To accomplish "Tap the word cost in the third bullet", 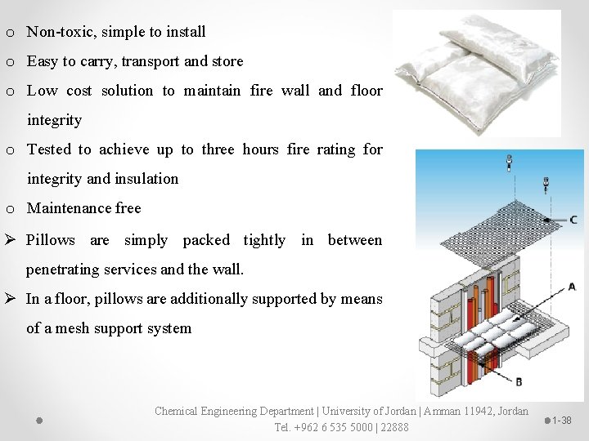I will tap(125, 91).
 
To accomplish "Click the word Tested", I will tap(51, 149).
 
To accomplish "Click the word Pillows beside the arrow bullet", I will tap(51, 240).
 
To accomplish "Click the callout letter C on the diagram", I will tap(573, 220).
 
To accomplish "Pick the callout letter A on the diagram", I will tap(571, 287).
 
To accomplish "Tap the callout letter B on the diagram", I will tap(519, 381).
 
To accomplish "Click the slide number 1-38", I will tap(561, 421).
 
